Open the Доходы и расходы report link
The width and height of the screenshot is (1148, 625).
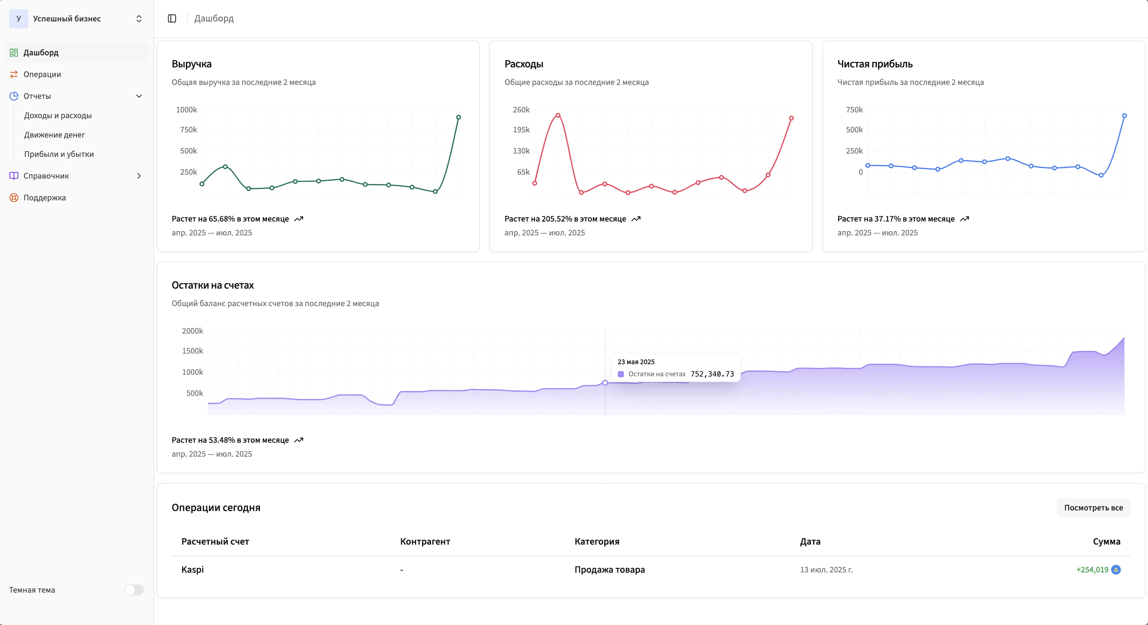click(x=58, y=115)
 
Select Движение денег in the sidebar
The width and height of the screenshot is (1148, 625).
click(x=54, y=135)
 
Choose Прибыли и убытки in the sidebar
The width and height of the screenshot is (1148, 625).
click(x=59, y=154)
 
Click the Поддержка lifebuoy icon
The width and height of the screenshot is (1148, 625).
click(x=14, y=198)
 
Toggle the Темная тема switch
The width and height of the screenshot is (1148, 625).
click(x=134, y=590)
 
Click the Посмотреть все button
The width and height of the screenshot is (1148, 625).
click(x=1093, y=508)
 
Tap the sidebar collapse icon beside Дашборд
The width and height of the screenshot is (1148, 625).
click(x=172, y=18)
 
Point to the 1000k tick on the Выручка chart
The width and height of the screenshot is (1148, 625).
click(x=186, y=110)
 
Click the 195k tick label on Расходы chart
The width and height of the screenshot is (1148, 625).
click(x=521, y=130)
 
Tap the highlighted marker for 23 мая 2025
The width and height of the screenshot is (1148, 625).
click(x=605, y=383)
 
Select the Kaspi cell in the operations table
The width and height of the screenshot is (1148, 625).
click(x=192, y=570)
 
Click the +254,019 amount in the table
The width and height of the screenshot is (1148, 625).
click(x=1092, y=570)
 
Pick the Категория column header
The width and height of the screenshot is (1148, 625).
click(x=597, y=542)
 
